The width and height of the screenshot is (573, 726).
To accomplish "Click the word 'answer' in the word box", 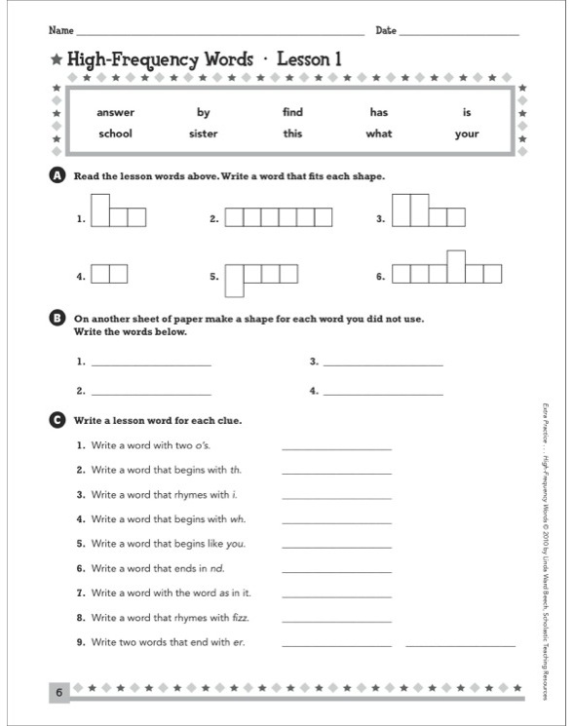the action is click(x=116, y=112).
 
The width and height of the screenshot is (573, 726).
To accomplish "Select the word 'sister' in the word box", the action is click(x=204, y=134).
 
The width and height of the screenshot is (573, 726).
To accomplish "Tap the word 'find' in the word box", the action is click(x=293, y=112).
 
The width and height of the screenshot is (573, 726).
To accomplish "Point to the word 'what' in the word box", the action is click(x=378, y=134).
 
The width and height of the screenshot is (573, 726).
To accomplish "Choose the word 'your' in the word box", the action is click(x=467, y=134).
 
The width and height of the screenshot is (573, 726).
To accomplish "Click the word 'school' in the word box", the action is click(x=115, y=134).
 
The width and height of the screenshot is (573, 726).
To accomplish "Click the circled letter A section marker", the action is click(x=56, y=175).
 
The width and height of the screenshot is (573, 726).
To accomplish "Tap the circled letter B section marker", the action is click(x=56, y=318).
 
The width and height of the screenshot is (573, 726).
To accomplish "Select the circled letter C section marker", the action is click(x=56, y=421).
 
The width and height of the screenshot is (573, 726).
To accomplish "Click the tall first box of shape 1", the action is click(x=100, y=210).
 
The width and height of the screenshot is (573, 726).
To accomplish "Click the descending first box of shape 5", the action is click(x=235, y=280).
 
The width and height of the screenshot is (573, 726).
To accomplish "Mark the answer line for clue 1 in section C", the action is click(x=336, y=448).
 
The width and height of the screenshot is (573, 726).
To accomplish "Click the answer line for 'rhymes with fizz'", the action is click(x=336, y=620).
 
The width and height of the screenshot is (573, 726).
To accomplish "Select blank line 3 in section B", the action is click(x=382, y=364).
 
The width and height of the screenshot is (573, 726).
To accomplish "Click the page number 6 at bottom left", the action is click(x=58, y=693).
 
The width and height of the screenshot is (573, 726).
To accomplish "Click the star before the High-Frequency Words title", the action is click(x=57, y=60).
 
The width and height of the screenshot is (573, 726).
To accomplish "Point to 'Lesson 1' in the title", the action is click(x=309, y=59).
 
